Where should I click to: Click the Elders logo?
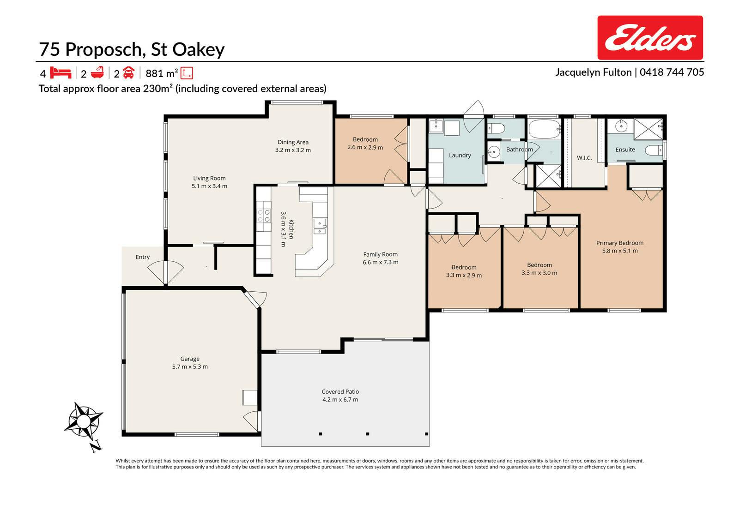(x=650, y=37)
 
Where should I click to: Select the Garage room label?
(x=190, y=359)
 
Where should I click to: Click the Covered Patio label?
(x=340, y=392)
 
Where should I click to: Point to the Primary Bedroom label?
(x=619, y=243)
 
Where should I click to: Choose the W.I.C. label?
(x=584, y=158)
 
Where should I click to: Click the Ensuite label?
(x=625, y=150)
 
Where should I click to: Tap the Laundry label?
(x=460, y=156)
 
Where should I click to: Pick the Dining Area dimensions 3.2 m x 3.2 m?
(x=293, y=150)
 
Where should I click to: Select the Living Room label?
(x=209, y=179)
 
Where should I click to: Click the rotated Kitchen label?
(x=291, y=229)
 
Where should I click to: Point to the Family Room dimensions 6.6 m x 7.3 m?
(x=381, y=263)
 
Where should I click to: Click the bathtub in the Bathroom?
(x=545, y=129)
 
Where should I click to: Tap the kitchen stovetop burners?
(x=264, y=216)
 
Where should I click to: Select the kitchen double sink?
(x=319, y=226)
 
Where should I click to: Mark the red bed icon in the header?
(x=61, y=72)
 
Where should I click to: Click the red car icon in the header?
(x=129, y=72)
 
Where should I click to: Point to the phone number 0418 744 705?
(x=672, y=72)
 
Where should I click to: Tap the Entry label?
(x=143, y=257)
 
